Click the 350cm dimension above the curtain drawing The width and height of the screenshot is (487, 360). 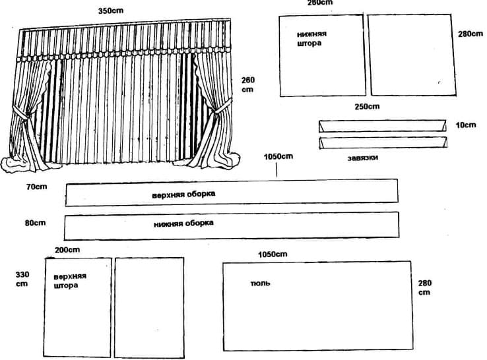[x=111, y=11]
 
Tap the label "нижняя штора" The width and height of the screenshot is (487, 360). [x=311, y=38]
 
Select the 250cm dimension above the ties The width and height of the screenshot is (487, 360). [x=367, y=106]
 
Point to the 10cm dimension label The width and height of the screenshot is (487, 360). [x=466, y=125]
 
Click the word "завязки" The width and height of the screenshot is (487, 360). [x=363, y=158]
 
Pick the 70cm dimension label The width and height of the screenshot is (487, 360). [x=37, y=187]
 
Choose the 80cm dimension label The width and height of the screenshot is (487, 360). [x=35, y=223]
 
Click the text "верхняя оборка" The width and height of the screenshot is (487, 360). [x=183, y=195]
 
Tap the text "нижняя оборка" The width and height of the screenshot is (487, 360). [x=183, y=224]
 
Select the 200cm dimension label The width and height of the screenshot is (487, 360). [x=67, y=250]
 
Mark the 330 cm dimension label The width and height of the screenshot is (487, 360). [x=22, y=279]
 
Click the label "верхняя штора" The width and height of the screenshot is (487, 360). [x=70, y=281]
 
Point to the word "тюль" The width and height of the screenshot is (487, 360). [x=260, y=283]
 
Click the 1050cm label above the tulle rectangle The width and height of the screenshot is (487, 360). [x=273, y=255]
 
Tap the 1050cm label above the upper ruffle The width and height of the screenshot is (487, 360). [x=278, y=156]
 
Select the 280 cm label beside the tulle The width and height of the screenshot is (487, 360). [x=424, y=287]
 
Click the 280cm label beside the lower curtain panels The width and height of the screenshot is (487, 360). [x=471, y=34]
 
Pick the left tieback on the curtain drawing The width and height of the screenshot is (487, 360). [x=21, y=113]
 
